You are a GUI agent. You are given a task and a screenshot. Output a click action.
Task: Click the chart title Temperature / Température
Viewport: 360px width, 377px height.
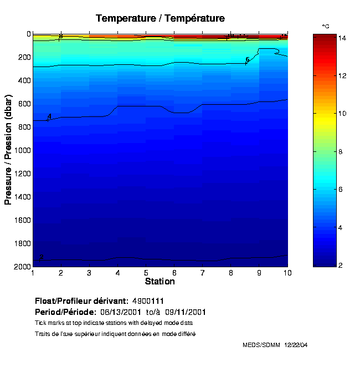pyautogui.click(x=160, y=18)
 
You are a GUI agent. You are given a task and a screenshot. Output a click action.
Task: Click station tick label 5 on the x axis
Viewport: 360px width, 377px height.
pyautogui.click(x=146, y=273)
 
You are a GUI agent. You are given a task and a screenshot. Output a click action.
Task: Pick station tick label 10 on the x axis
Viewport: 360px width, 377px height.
pyautogui.click(x=287, y=273)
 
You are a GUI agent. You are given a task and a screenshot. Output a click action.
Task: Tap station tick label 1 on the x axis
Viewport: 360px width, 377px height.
pyautogui.click(x=33, y=273)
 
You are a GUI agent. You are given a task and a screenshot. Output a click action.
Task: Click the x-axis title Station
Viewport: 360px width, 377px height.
pyautogui.click(x=160, y=281)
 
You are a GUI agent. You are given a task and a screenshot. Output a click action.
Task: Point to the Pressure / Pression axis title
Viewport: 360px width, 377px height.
pyautogui.click(x=8, y=150)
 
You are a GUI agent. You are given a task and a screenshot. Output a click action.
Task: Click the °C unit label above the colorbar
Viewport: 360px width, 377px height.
pyautogui.click(x=326, y=26)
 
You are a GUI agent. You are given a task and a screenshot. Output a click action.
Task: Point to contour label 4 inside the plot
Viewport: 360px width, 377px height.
pyautogui.click(x=49, y=116)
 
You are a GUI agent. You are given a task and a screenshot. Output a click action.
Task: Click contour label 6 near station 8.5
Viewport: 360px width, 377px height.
pyautogui.click(x=248, y=60)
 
